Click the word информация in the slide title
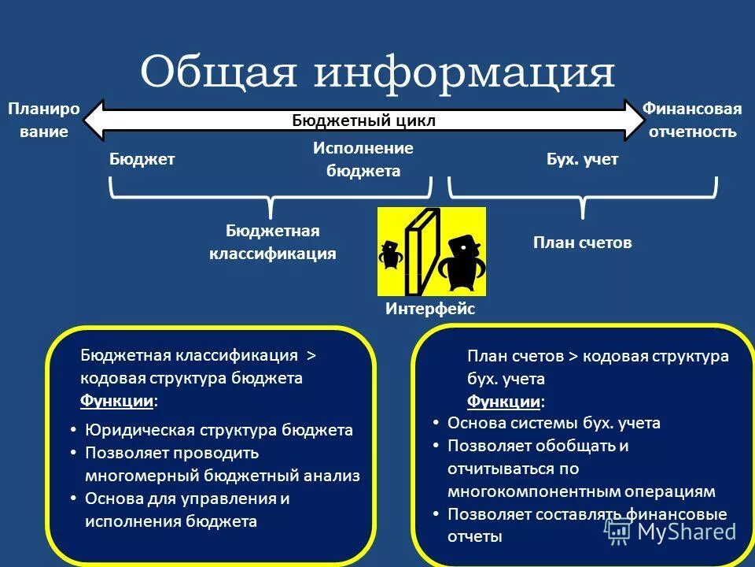(465, 72)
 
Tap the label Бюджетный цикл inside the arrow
(363, 120)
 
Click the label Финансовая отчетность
(692, 120)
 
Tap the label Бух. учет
(582, 159)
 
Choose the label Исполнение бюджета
(363, 159)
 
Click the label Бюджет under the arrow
(142, 159)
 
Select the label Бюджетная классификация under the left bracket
(272, 242)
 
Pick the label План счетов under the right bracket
(582, 243)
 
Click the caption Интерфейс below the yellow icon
(430, 309)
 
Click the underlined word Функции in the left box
(117, 401)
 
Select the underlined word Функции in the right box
(504, 402)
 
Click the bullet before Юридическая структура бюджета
(73, 430)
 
